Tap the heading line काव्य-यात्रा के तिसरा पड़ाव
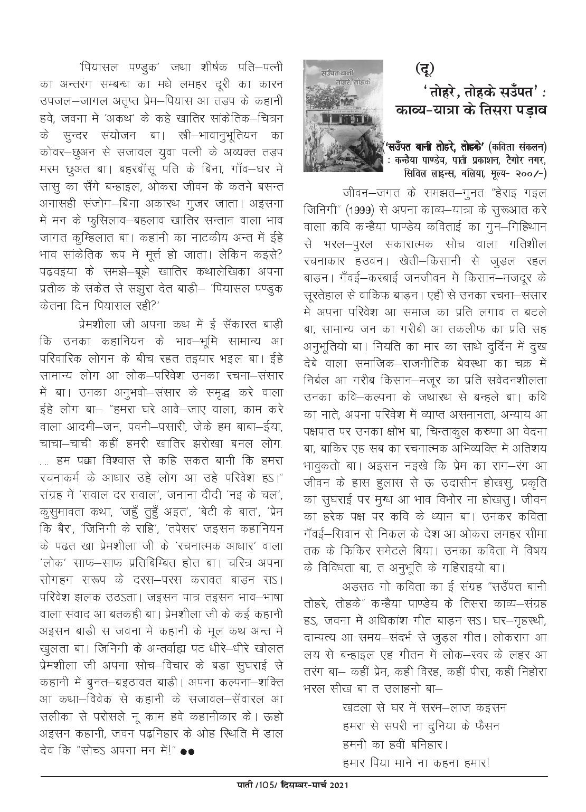(x=471, y=110)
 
